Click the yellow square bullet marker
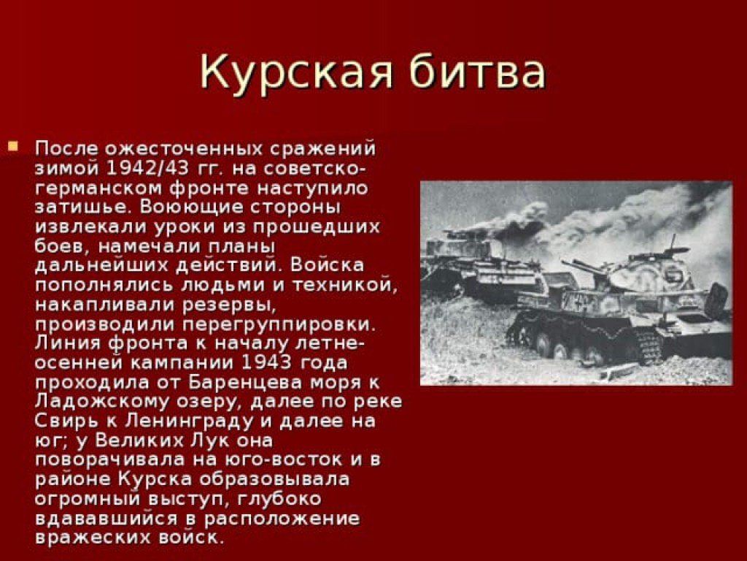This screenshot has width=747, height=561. coord(13,145)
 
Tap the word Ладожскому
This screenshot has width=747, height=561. coord(102,402)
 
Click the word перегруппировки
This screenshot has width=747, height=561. coord(279,324)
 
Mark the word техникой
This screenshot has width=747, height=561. coord(345,285)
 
